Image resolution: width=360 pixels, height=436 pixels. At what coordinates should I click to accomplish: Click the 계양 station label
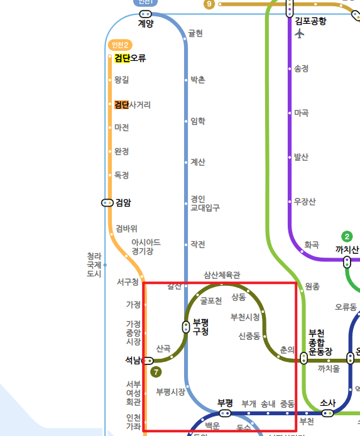pyautogui.click(x=146, y=24)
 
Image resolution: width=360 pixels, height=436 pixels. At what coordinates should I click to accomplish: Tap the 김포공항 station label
pyautogui.click(x=310, y=21)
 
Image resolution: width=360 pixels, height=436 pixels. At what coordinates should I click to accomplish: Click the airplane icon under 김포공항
pyautogui.click(x=299, y=33)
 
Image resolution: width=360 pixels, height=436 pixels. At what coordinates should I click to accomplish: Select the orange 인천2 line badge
pyautogui.click(x=119, y=45)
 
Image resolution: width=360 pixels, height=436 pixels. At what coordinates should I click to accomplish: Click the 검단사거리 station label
pyautogui.click(x=132, y=105)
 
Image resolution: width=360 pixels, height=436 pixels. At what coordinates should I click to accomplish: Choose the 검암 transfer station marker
pyautogui.click(x=107, y=202)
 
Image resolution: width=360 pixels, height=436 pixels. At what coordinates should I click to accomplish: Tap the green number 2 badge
pyautogui.click(x=347, y=236)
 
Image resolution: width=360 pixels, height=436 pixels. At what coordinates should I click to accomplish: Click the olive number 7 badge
pyautogui.click(x=156, y=372)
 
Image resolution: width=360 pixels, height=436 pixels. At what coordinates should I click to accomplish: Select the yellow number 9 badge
pyautogui.click(x=209, y=4)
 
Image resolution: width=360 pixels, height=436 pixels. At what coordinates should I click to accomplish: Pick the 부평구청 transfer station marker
pyautogui.click(x=186, y=327)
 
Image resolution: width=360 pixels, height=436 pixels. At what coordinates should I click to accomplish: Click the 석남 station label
pyautogui.click(x=133, y=361)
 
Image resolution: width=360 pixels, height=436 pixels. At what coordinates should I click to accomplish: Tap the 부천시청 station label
pyautogui.click(x=245, y=317)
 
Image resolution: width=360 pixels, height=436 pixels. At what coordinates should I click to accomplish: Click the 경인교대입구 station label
pyautogui.click(x=205, y=203)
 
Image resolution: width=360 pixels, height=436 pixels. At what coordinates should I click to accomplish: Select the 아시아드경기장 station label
pyautogui.click(x=146, y=247)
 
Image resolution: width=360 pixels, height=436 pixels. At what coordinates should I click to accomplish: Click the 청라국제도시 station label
pyautogui.click(x=94, y=264)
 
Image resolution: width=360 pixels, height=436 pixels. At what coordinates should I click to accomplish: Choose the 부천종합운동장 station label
pyautogui.click(x=320, y=342)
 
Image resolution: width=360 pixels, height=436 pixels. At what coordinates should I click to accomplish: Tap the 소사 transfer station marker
pyautogui.click(x=327, y=413)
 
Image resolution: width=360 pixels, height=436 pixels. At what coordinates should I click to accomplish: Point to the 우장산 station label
pyautogui.click(x=305, y=202)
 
